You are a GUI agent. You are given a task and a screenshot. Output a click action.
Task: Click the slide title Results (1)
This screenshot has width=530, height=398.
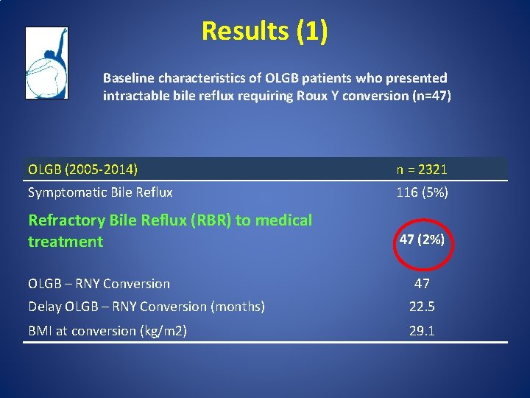[264, 31]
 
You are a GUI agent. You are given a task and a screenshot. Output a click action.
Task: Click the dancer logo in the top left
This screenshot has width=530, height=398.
[46, 63]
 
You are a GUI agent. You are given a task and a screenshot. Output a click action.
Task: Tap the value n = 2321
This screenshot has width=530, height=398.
[422, 170]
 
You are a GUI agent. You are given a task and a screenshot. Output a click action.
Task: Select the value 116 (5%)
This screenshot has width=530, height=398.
[422, 193]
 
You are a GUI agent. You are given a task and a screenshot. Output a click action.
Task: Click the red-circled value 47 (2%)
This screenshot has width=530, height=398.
[422, 240]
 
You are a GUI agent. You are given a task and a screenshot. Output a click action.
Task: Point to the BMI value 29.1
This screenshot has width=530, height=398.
[422, 331]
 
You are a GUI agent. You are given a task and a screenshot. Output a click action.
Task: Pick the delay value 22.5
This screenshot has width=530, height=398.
[422, 307]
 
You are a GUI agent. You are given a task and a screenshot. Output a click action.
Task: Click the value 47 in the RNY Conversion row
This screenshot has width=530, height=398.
[422, 283]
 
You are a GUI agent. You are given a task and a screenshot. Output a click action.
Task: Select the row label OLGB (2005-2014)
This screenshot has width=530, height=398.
[82, 170]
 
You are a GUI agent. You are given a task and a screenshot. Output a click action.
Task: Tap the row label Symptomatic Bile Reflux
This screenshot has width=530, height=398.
[100, 193]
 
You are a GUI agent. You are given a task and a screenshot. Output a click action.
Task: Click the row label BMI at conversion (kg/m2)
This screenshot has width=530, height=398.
[107, 331]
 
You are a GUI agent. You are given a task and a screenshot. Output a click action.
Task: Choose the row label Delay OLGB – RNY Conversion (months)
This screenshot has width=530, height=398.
[146, 307]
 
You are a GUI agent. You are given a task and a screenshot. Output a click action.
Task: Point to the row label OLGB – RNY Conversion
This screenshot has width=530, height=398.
[99, 284]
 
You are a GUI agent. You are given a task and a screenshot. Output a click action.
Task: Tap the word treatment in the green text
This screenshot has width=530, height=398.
[66, 242]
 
